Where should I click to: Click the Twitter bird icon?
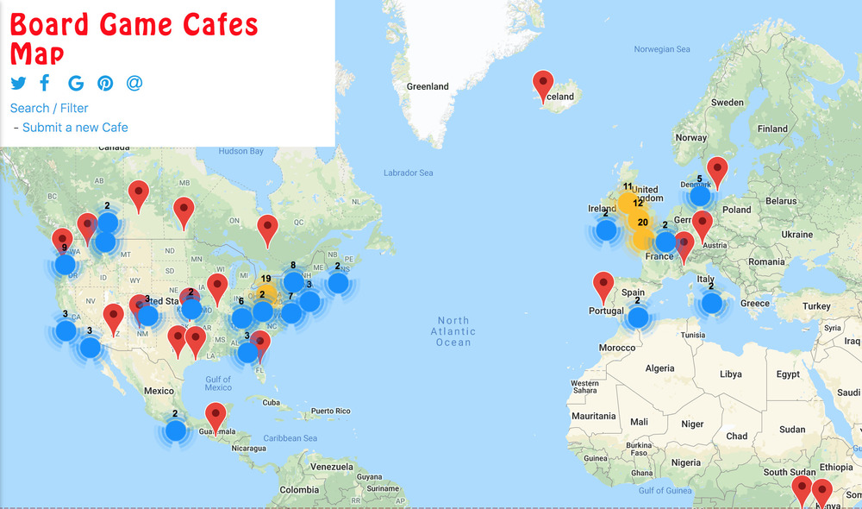pyautogui.click(x=19, y=83)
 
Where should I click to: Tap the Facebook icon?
pyautogui.click(x=45, y=83)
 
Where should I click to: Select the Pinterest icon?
pyautogui.click(x=105, y=83)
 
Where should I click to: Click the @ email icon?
pyautogui.click(x=134, y=83)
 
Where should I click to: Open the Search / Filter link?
pyautogui.click(x=49, y=108)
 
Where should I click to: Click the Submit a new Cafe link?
pyautogui.click(x=75, y=128)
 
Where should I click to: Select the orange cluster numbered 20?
pyautogui.click(x=642, y=223)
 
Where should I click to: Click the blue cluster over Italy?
pyautogui.click(x=711, y=303)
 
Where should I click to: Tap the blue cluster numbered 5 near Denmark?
pyautogui.click(x=700, y=196)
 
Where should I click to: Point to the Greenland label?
pyautogui.click(x=428, y=86)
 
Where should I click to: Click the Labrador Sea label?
pyautogui.click(x=408, y=173)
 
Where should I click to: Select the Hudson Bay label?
pyautogui.click(x=240, y=151)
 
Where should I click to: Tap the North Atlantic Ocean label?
pyautogui.click(x=453, y=331)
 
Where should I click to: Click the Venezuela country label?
pyautogui.click(x=333, y=467)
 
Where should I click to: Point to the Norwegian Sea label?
pyautogui.click(x=662, y=49)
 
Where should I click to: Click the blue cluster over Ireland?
pyautogui.click(x=606, y=230)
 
